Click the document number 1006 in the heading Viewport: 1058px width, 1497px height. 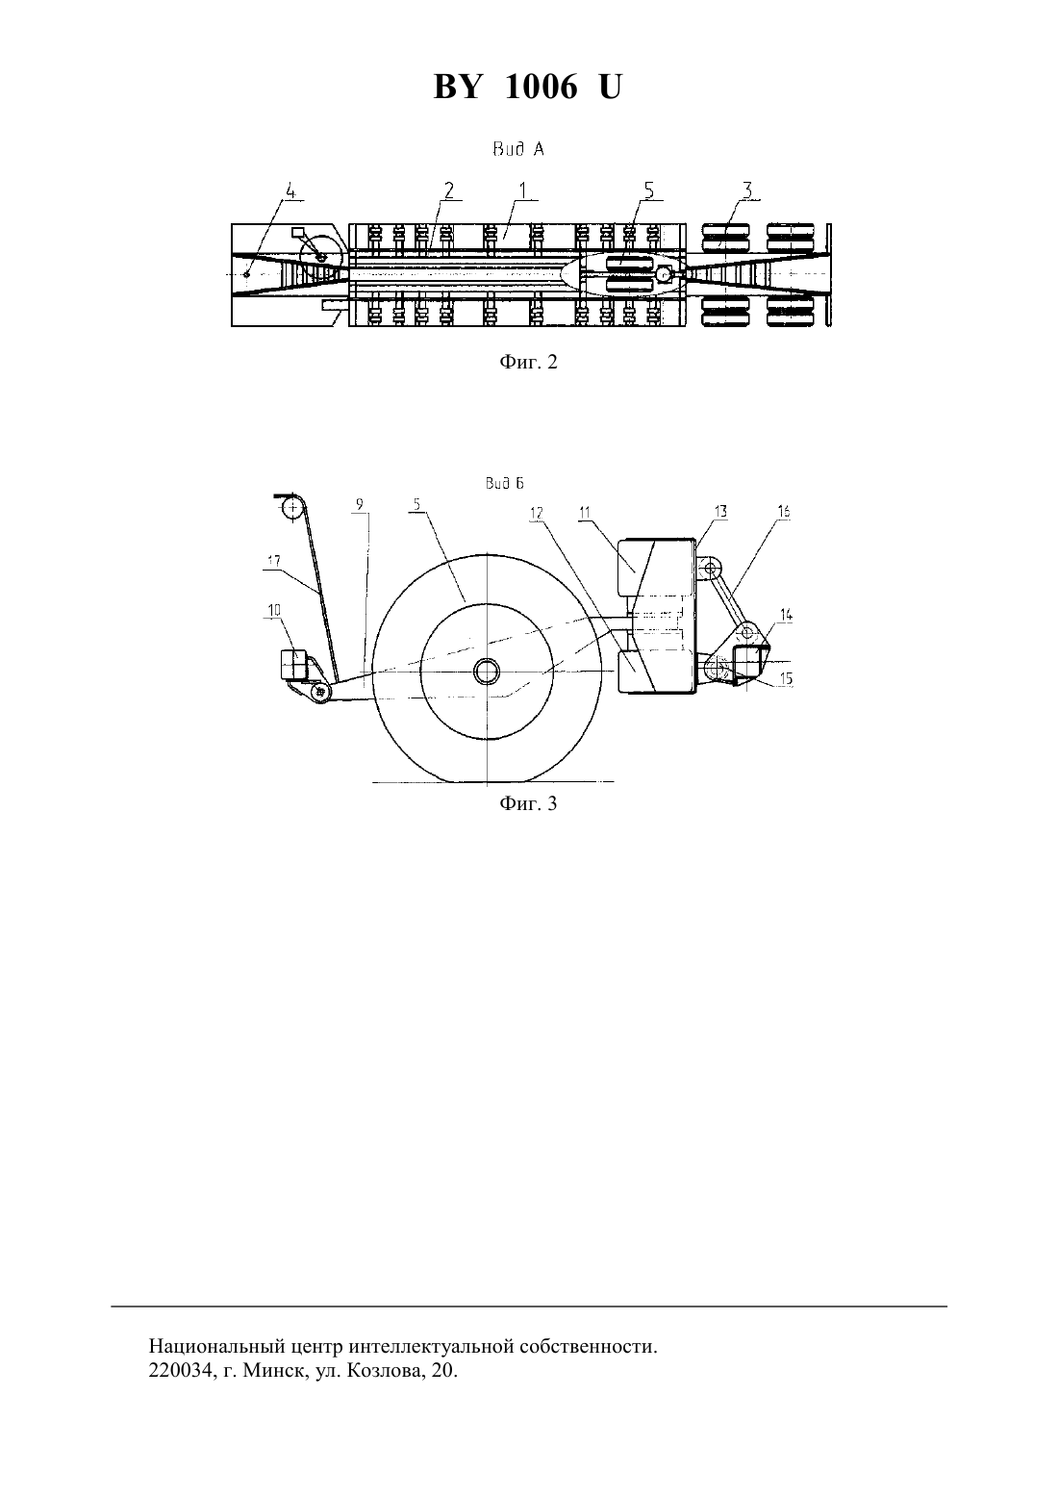[541, 87]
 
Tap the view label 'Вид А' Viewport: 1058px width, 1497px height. [518, 150]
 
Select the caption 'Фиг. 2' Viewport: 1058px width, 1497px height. [528, 362]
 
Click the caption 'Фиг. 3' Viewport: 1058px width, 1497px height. [528, 803]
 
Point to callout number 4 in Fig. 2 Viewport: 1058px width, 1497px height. [290, 191]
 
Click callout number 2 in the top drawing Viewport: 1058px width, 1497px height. [449, 190]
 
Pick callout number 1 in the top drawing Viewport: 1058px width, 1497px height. [523, 190]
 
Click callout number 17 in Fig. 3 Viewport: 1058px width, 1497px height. [274, 562]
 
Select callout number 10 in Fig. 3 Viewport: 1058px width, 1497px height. [274, 610]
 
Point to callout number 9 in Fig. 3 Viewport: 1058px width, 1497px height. [360, 504]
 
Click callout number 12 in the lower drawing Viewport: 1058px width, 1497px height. [537, 513]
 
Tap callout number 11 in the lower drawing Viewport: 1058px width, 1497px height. [585, 513]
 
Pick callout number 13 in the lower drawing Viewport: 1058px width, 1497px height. [720, 512]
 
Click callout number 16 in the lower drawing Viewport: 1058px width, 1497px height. [784, 512]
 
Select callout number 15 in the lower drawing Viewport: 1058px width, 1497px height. [786, 679]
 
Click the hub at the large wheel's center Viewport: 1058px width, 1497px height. [487, 672]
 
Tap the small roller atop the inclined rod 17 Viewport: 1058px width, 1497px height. [291, 509]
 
